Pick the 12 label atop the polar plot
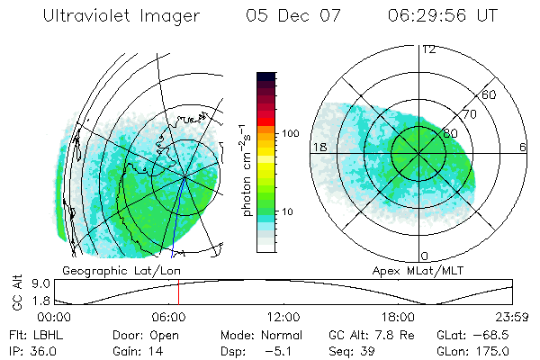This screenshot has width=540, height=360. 428,49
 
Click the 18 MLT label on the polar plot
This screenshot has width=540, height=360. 318,146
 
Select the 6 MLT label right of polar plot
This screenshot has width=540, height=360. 523,146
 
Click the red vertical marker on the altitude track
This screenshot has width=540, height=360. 178,292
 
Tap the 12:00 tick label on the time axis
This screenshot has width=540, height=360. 283,317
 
